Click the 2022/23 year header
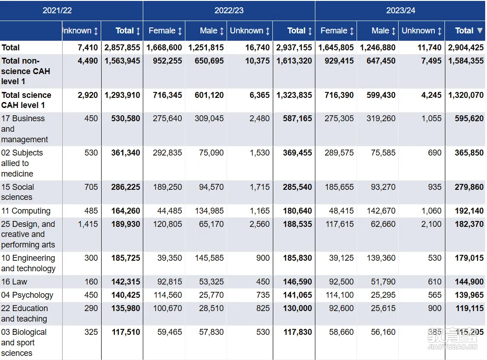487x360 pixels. click(229, 11)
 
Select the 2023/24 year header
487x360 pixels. click(400, 11)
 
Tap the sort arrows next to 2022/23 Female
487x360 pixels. click(180, 31)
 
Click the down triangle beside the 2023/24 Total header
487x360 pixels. click(480, 30)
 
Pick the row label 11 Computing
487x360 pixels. click(26, 211)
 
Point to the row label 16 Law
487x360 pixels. click(14, 281)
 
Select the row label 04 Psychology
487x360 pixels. click(27, 295)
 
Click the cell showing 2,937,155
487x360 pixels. click(294, 48)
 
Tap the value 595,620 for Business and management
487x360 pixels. click(469, 118)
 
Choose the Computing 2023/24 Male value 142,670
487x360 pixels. click(381, 211)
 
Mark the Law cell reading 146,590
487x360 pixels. click(297, 281)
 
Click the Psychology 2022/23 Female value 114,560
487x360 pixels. click(168, 295)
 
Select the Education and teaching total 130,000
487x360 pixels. click(297, 308)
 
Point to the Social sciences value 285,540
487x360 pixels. click(297, 187)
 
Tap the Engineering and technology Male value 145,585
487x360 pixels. click(209, 258)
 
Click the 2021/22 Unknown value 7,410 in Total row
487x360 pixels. click(87, 48)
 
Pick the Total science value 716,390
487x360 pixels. click(339, 95)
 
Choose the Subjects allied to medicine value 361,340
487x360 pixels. click(125, 153)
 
